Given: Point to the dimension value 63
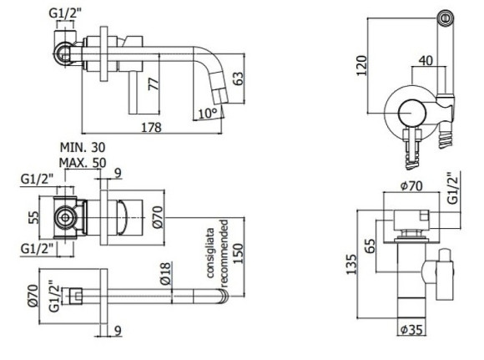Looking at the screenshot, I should (x=239, y=79).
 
